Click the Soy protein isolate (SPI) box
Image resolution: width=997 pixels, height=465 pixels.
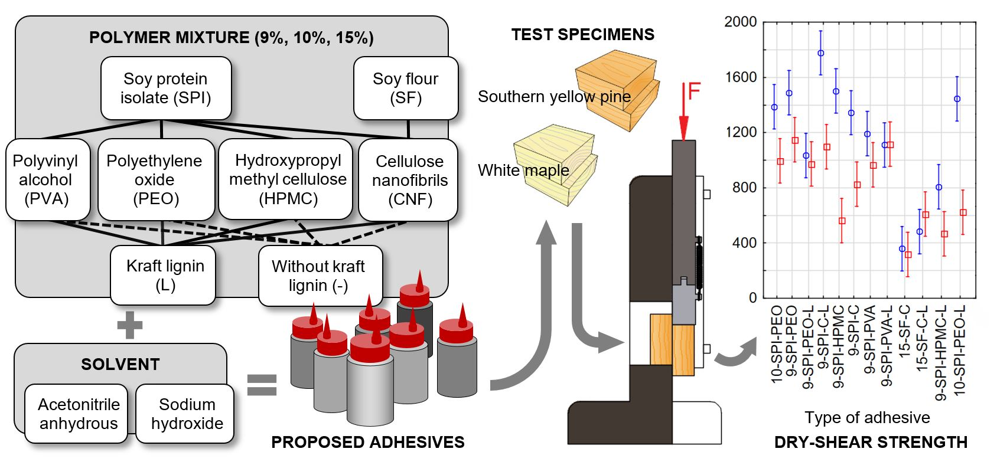pos(165,88)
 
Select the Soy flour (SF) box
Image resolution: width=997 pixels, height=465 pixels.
pos(405,88)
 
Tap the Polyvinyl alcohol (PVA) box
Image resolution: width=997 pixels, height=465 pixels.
pos(47,179)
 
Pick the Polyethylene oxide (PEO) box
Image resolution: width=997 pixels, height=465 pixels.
pos(155,179)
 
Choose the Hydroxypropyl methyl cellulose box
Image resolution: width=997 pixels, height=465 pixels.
pos(288,179)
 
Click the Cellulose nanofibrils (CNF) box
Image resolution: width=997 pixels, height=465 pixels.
pos(409,180)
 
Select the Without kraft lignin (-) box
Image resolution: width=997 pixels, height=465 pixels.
pos(318,276)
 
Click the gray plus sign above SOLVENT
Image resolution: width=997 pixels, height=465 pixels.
pos(130,325)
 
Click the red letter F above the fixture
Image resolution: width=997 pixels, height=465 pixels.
pos(694,92)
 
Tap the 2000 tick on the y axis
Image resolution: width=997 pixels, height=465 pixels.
pos(740,22)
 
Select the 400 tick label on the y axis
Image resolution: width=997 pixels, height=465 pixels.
pos(744,243)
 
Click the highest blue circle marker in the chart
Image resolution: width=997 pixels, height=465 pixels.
pos(820,53)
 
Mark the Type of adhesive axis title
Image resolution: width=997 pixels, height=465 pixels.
pos(866,418)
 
